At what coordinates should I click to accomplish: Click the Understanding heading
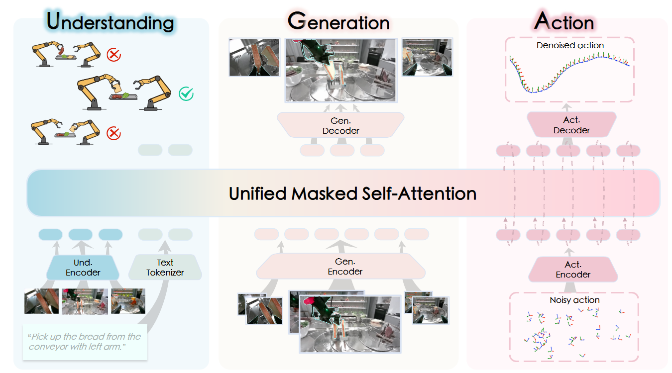[110, 22]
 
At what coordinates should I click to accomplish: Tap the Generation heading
[338, 22]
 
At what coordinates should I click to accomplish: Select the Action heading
[564, 22]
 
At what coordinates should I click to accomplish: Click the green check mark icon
[186, 93]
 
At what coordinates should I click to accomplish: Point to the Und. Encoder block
[83, 268]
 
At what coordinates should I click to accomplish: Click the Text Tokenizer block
[165, 268]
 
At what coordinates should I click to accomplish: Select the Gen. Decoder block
[340, 126]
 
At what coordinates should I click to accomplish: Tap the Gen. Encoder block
[344, 267]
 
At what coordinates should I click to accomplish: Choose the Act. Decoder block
[571, 125]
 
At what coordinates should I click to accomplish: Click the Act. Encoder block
[573, 270]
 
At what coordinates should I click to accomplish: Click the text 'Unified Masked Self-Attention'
[352, 193]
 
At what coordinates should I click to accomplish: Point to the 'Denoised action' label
[570, 45]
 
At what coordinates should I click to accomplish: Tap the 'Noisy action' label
[574, 300]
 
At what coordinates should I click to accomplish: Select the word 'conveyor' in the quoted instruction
[49, 347]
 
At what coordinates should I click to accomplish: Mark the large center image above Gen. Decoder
[340, 70]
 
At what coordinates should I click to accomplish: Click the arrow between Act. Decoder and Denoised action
[567, 107]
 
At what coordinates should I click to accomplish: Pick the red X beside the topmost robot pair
[114, 54]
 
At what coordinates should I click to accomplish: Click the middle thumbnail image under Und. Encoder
[78, 301]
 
